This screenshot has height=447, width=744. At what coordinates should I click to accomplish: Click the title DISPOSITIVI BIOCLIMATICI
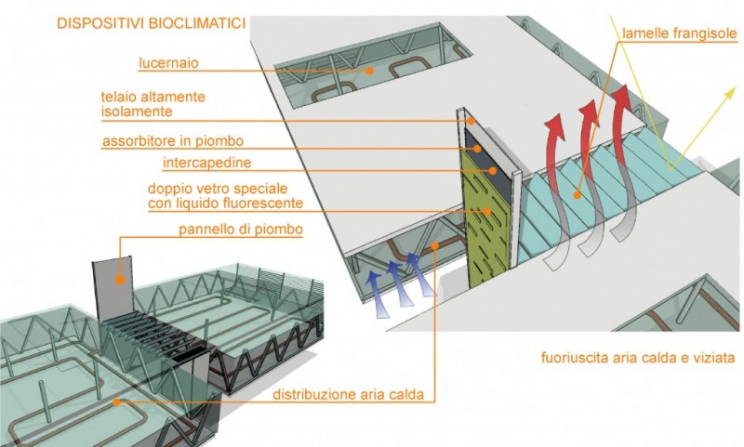(151, 22)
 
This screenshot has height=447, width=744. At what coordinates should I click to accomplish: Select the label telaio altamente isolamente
(153, 104)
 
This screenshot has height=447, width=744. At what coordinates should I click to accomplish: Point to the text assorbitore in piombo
(176, 142)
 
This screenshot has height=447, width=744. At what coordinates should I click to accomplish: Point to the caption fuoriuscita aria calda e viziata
(638, 356)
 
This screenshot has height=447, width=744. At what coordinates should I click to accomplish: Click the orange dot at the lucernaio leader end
(370, 69)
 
